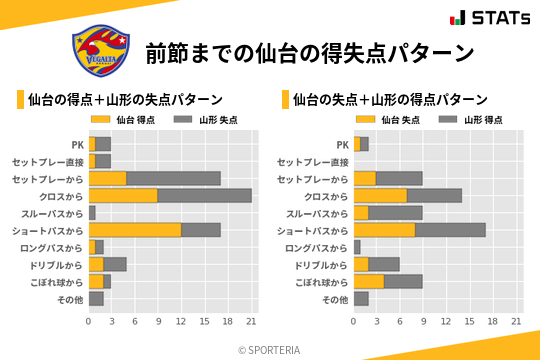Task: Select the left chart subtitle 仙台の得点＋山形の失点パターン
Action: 125,100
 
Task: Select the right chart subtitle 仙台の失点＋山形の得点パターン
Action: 390,100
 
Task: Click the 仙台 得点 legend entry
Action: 125,119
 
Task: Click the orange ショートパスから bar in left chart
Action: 135,230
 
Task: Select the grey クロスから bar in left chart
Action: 205,195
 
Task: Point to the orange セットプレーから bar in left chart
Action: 108,178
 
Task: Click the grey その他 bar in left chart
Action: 96,298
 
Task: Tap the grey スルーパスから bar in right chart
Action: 396,213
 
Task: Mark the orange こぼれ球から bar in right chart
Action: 369,281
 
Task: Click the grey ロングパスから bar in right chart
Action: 357,247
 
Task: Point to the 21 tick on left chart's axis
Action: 252,322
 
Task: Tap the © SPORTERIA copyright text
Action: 269,349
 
